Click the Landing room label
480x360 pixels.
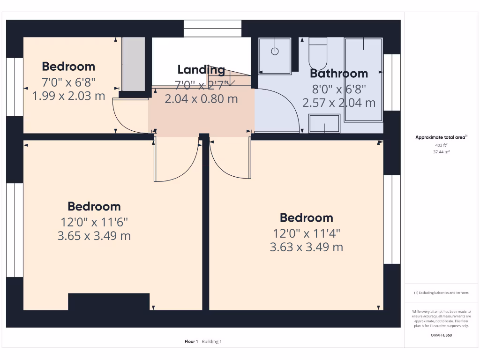(x=201, y=70)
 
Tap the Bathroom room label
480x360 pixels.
(x=339, y=74)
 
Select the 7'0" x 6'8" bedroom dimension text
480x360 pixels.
(x=68, y=82)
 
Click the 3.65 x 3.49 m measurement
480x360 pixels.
(x=94, y=236)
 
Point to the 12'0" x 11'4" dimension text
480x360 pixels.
(x=307, y=233)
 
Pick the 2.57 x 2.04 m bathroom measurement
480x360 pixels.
(x=339, y=103)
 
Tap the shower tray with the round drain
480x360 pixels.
(x=275, y=56)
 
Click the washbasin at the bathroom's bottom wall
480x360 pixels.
(x=324, y=124)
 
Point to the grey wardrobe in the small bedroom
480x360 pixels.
(x=134, y=64)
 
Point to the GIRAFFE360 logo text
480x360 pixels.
(x=442, y=335)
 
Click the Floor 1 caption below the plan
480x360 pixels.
(x=191, y=342)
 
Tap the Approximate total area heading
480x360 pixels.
(x=441, y=137)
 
